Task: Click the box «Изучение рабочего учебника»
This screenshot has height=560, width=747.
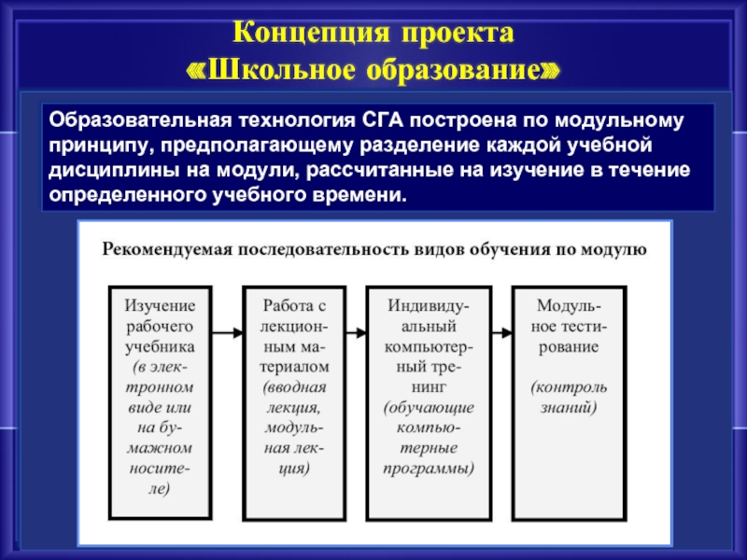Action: [161, 401]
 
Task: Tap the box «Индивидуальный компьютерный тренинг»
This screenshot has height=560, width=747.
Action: [429, 401]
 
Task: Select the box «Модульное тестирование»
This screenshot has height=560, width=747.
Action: [570, 401]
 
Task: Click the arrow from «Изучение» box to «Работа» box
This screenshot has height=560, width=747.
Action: [225, 330]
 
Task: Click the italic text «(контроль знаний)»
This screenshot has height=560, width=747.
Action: [570, 397]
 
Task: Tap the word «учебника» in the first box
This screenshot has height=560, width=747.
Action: [160, 346]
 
